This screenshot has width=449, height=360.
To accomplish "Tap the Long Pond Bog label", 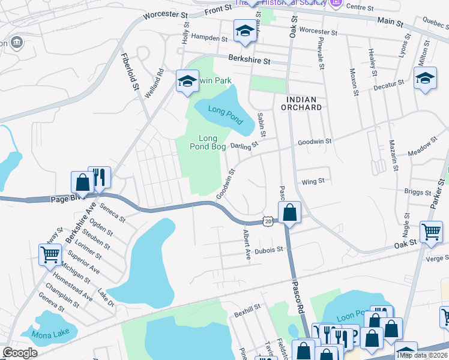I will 203,142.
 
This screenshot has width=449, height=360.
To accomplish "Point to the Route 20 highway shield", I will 268,221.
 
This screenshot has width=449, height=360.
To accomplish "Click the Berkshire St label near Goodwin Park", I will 249,61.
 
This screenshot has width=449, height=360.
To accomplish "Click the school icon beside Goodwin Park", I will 187,81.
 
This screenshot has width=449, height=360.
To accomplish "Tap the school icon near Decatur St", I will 426,78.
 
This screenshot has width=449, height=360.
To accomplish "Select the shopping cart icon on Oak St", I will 432,232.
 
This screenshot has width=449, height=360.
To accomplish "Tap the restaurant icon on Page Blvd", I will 100,177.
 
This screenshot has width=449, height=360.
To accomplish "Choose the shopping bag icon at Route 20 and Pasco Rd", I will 290,212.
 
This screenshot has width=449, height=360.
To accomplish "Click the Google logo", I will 20,353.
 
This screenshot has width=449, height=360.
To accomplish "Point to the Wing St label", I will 313,181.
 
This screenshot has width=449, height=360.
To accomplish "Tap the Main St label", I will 390,22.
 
